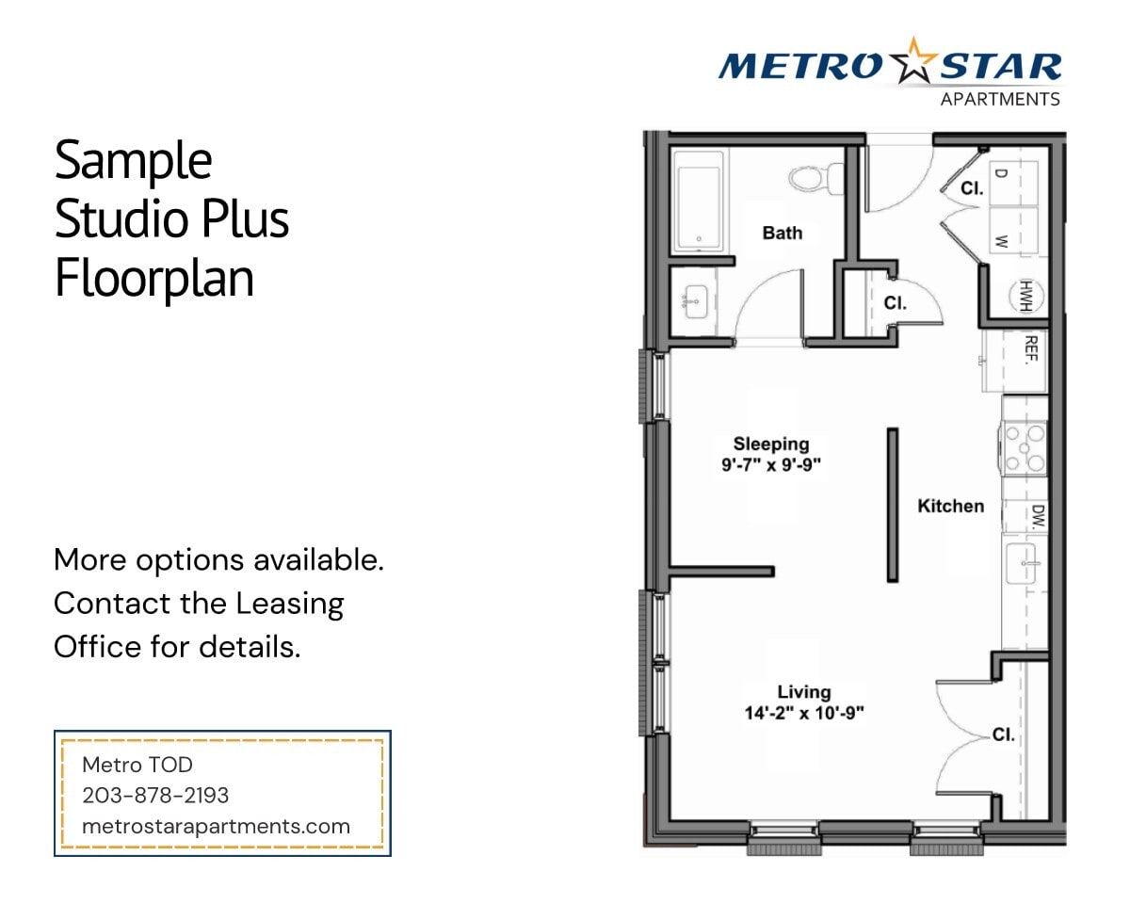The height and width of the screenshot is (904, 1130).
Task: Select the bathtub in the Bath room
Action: pos(699,202)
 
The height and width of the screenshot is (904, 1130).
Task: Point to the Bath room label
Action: pos(783,232)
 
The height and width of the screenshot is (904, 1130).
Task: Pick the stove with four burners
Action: pos(1024,447)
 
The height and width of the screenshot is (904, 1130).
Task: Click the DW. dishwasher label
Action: pos(1037,516)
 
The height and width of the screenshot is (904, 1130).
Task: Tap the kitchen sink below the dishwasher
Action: pos(1023,563)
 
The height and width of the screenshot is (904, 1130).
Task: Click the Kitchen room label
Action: pos(950,506)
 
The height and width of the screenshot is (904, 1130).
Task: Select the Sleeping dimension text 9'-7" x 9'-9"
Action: pos(771,463)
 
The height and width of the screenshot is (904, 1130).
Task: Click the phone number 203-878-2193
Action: pos(155,796)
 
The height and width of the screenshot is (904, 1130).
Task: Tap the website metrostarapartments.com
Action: pos(216,827)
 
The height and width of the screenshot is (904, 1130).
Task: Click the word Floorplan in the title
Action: pos(154,279)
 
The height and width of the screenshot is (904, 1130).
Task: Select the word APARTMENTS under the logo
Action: pos(1000,99)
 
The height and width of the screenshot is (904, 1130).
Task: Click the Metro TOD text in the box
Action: pos(137,765)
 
